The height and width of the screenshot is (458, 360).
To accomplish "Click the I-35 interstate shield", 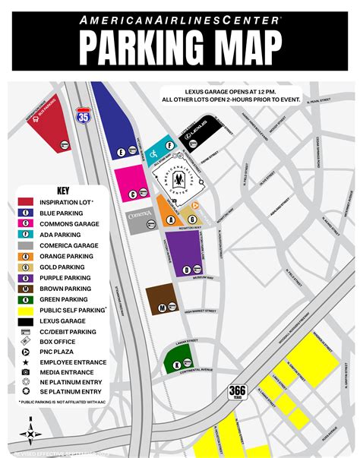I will pos(82,115).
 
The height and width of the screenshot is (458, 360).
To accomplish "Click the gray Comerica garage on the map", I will pos(139,220).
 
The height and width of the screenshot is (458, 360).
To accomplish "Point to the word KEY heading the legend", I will pos(64,191).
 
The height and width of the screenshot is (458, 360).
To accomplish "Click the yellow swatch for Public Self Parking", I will pos(25,310).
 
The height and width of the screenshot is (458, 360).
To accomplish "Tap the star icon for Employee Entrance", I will pos(25,364).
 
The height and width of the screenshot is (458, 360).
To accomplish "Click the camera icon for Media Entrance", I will pos(25,374).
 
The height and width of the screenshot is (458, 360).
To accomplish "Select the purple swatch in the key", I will pos(25,278).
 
